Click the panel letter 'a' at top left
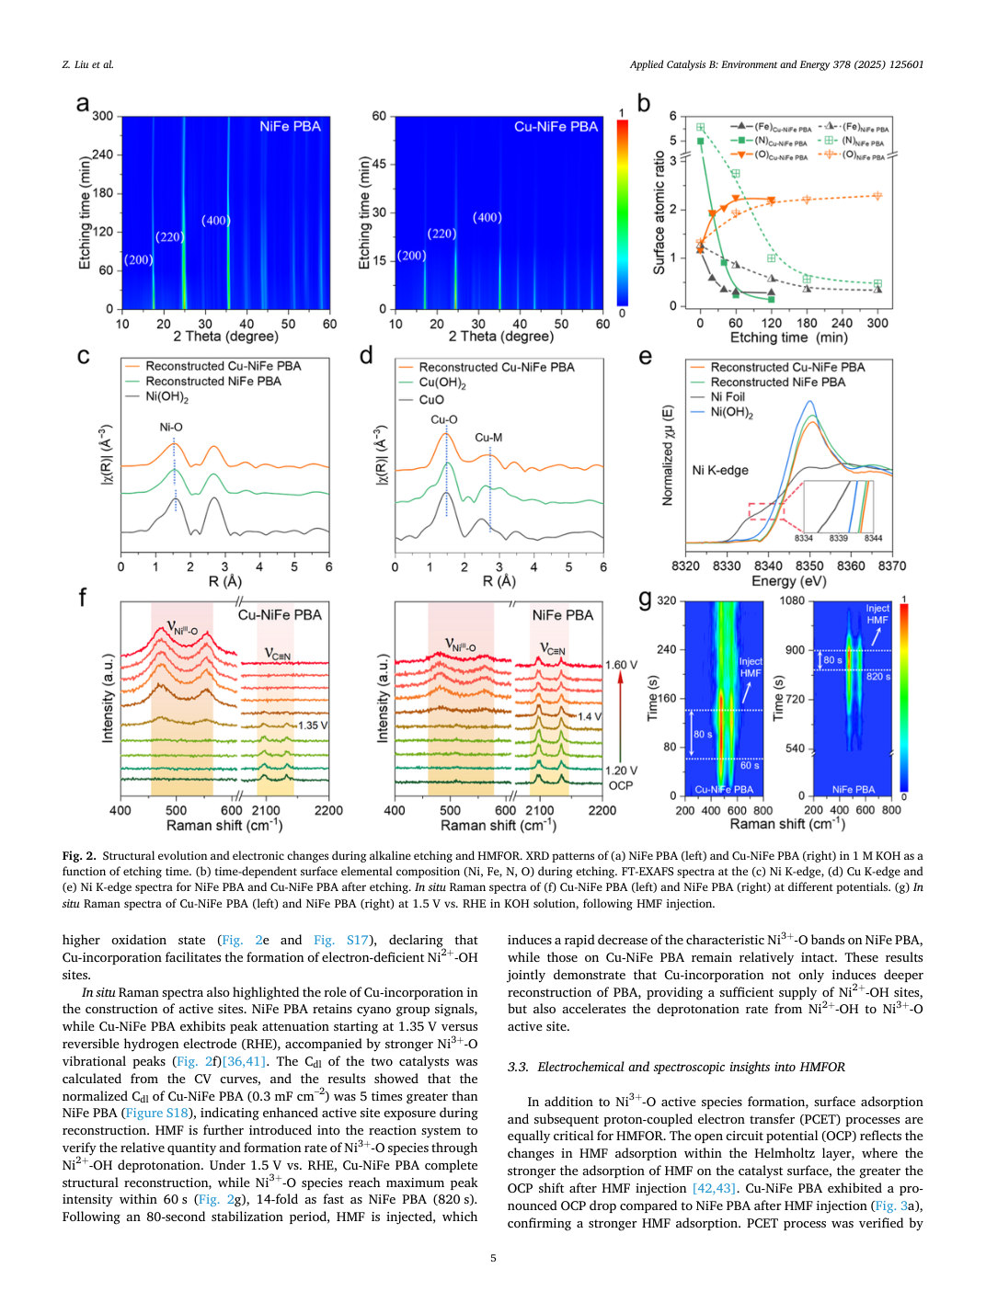tap(83, 104)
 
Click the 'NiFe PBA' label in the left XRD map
tap(290, 126)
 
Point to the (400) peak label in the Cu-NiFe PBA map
tap(487, 217)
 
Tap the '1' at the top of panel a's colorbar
tap(622, 112)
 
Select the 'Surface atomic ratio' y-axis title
tap(659, 212)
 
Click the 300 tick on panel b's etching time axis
tap(877, 323)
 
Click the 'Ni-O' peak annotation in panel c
tap(171, 427)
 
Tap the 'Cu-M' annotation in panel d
tap(488, 438)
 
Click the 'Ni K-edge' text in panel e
tap(720, 470)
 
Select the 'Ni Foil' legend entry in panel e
tap(717, 397)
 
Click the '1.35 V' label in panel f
tap(313, 726)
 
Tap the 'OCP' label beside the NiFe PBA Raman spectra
tap(620, 785)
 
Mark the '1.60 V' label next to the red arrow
tap(621, 665)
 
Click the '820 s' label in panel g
tap(878, 677)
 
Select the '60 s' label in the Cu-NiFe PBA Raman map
tap(750, 766)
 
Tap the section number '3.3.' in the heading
tap(518, 1067)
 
